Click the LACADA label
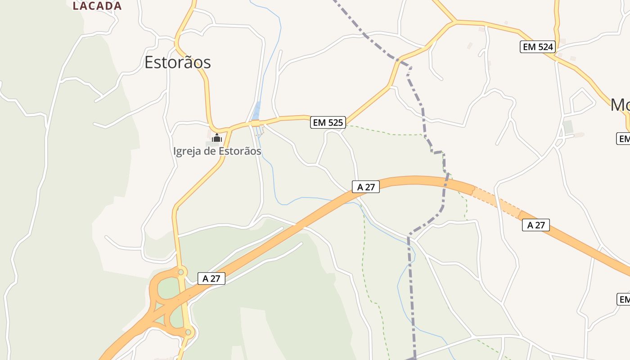[97, 6]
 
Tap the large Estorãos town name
[177, 62]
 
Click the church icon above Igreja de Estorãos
[217, 138]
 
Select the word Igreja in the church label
[187, 151]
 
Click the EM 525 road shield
[328, 122]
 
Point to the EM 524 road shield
[537, 46]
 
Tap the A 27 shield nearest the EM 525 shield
[366, 187]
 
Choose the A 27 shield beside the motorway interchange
[211, 279]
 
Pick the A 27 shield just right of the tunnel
[536, 225]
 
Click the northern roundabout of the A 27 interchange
[181, 272]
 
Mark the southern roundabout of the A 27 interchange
[188, 332]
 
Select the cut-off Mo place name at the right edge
[620, 105]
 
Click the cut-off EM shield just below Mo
[623, 139]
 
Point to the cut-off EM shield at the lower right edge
[624, 299]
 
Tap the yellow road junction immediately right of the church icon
[229, 129]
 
